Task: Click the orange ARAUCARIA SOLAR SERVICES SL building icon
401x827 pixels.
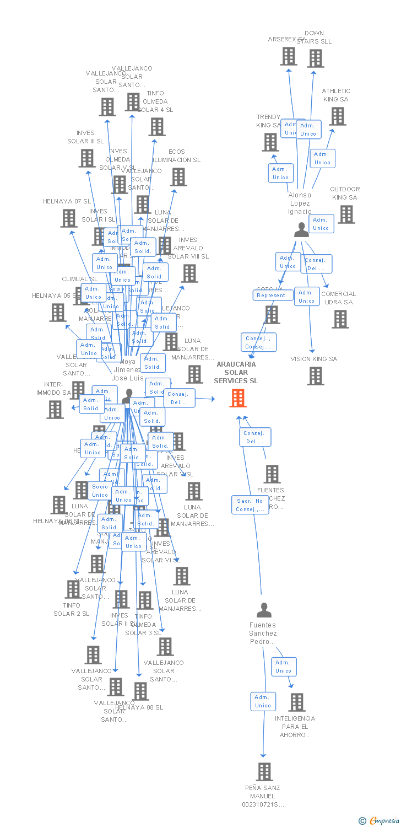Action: tap(238, 398)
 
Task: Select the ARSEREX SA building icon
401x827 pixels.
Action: tap(289, 56)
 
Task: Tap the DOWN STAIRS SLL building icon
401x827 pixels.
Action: tap(316, 58)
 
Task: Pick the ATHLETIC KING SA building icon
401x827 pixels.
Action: tap(338, 116)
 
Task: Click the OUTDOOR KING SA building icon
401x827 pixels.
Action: tap(346, 214)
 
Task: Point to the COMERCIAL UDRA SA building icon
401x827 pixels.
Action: tap(340, 319)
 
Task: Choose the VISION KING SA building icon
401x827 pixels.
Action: tap(316, 376)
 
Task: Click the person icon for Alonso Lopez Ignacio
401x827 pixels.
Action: tap(301, 230)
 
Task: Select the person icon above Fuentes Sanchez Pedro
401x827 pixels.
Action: tap(264, 610)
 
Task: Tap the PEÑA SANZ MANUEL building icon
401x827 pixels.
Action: tap(265, 772)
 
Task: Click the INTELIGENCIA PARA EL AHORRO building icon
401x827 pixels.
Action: tap(297, 702)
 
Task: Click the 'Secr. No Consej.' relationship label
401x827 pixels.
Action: tap(250, 505)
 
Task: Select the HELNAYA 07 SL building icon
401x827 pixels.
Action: tap(69, 218)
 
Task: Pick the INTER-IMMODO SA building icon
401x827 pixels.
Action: tap(55, 409)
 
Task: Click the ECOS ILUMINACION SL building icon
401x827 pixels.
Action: tap(178, 177)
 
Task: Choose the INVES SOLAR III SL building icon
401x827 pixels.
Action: tap(87, 158)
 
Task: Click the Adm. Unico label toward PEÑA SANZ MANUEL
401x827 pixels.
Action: tap(263, 701)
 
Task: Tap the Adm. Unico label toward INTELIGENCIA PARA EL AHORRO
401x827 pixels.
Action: tap(284, 667)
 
